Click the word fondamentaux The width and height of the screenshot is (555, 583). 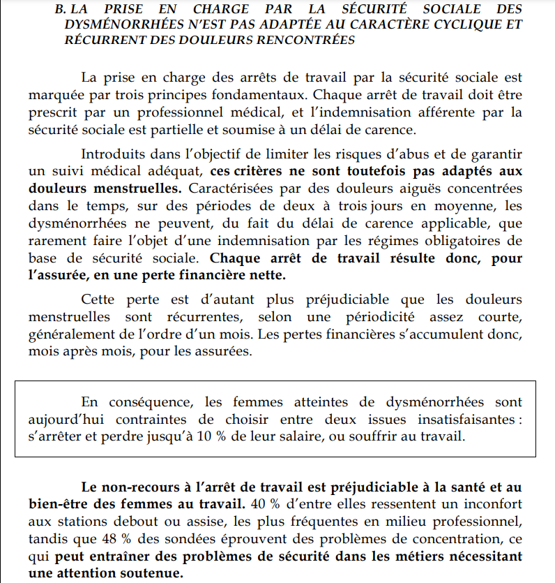tap(261, 93)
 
